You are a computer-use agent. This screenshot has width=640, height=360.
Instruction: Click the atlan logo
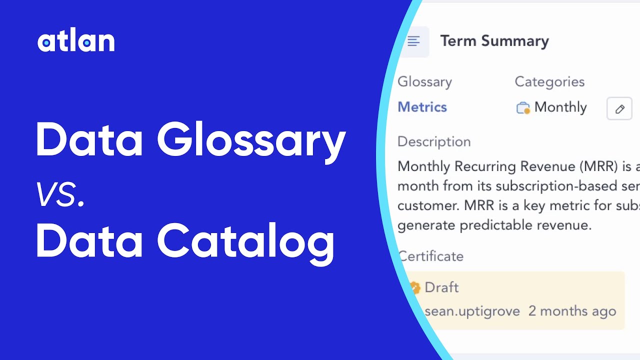pyautogui.click(x=76, y=42)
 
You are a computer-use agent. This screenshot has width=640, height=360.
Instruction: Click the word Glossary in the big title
pyautogui.click(x=251, y=141)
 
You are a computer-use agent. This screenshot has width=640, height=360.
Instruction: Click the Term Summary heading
pyautogui.click(x=494, y=41)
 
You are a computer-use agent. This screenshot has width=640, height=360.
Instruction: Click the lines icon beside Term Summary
pyautogui.click(x=413, y=41)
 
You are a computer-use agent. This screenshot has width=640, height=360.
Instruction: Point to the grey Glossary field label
pyautogui.click(x=424, y=82)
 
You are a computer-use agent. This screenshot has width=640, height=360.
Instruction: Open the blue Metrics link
pyautogui.click(x=422, y=107)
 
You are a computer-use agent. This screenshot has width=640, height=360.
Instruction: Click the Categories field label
pyautogui.click(x=549, y=82)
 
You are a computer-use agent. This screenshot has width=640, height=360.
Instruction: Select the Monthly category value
pyautogui.click(x=560, y=107)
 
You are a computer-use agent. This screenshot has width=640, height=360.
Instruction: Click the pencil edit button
pyautogui.click(x=619, y=108)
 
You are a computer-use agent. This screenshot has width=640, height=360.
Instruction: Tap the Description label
pyautogui.click(x=434, y=142)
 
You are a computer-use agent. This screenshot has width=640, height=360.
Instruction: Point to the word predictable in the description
pyautogui.click(x=501, y=225)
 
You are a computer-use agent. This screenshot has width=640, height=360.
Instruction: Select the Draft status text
pyautogui.click(x=441, y=287)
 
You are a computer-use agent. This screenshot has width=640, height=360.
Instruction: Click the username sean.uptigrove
pyautogui.click(x=472, y=311)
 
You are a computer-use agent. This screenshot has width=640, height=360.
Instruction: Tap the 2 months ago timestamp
pyautogui.click(x=572, y=311)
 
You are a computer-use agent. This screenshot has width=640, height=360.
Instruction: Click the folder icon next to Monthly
pyautogui.click(x=523, y=107)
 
